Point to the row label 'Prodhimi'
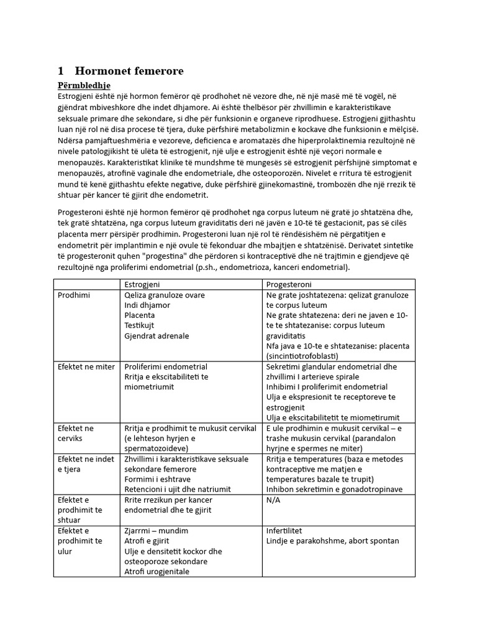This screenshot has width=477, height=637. (x=74, y=295)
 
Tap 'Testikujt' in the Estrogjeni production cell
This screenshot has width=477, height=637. (x=139, y=325)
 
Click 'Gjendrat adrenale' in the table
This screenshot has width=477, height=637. (x=157, y=335)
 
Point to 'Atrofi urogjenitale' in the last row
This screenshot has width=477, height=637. (x=157, y=571)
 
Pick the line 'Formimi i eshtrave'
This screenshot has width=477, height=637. (x=159, y=479)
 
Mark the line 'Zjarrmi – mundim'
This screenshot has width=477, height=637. (x=156, y=531)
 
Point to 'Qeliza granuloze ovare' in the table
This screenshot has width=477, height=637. (x=165, y=295)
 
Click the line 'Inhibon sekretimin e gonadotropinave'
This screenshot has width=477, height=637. (x=335, y=489)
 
